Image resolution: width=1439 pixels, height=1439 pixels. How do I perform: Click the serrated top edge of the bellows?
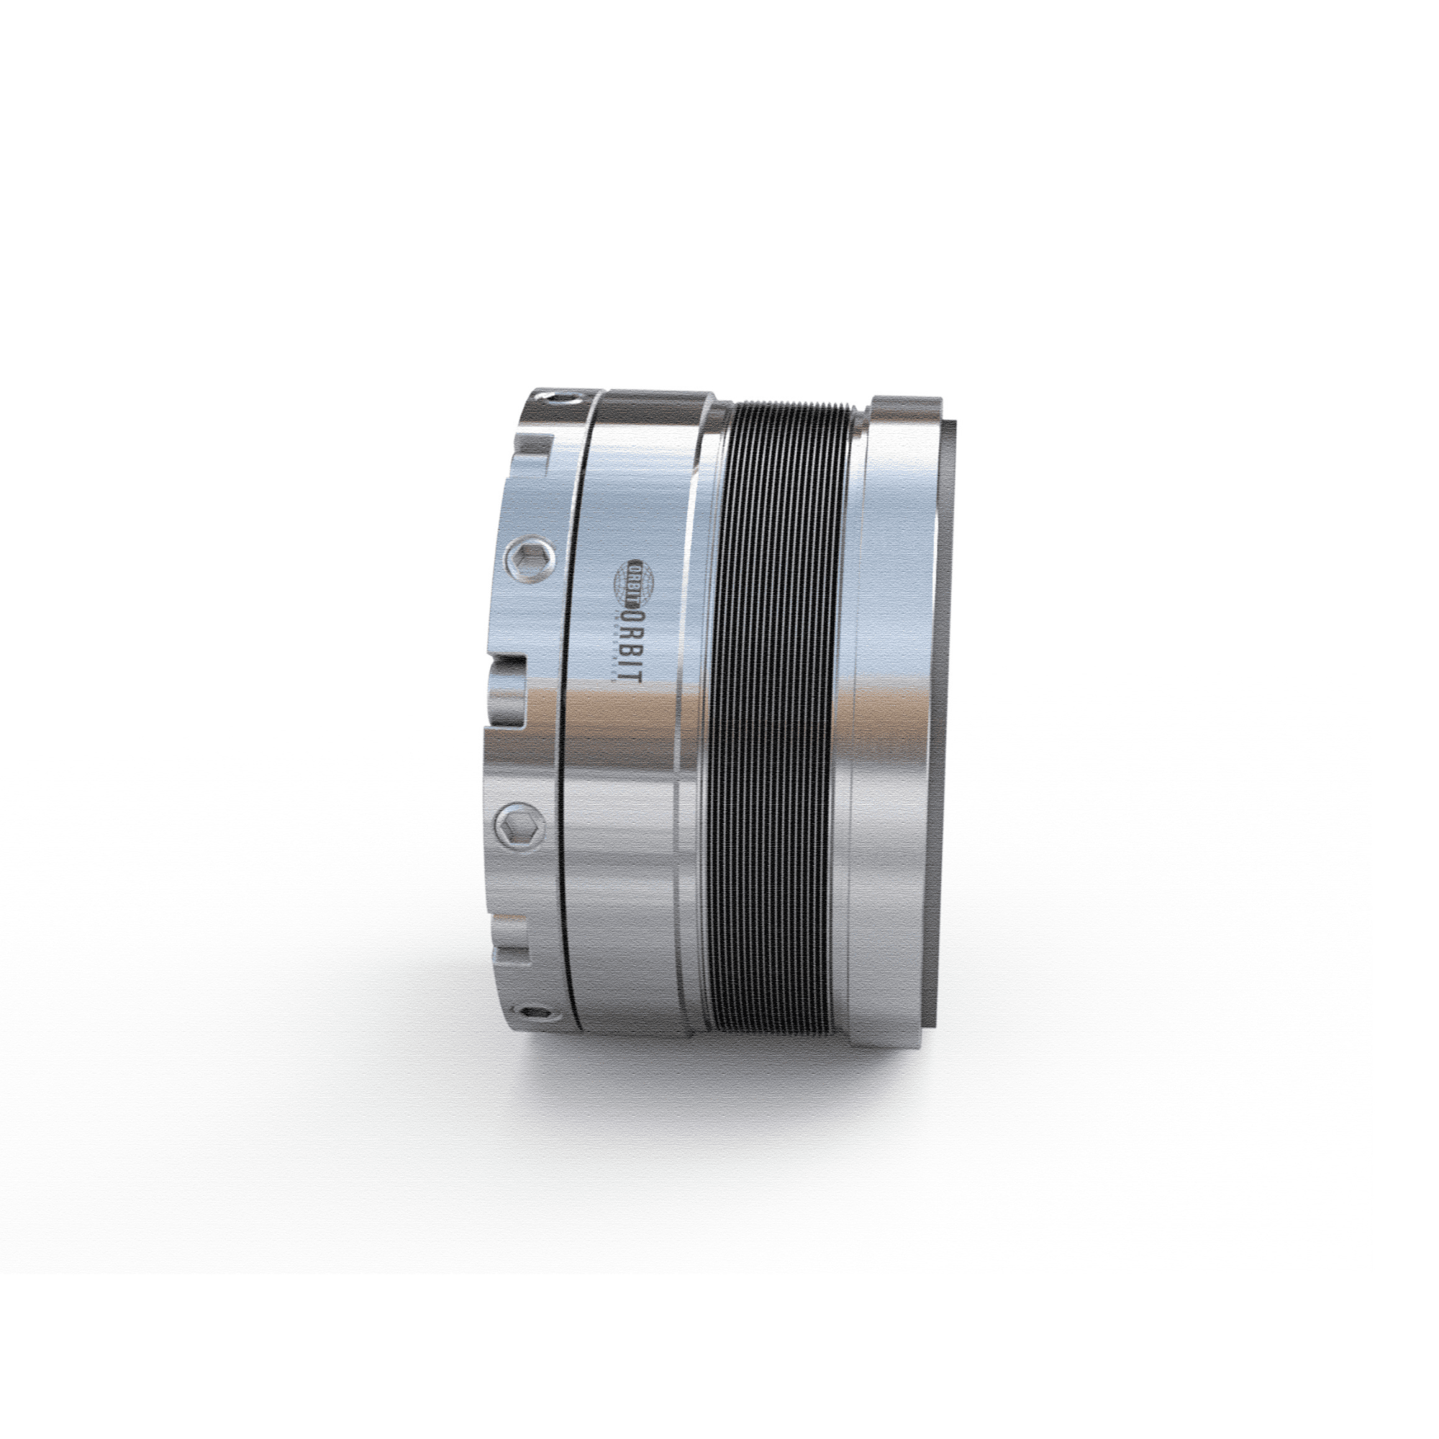coord(793,406)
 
